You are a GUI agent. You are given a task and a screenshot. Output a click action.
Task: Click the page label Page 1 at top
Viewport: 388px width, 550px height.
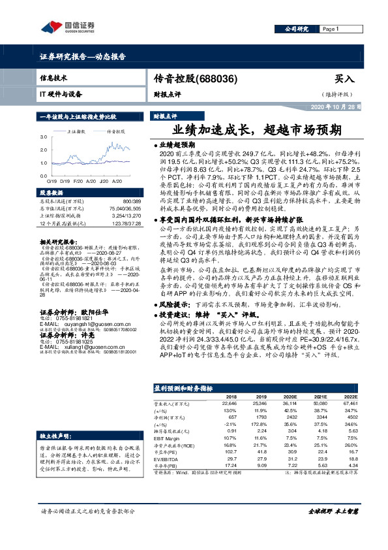coord(331,29)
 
